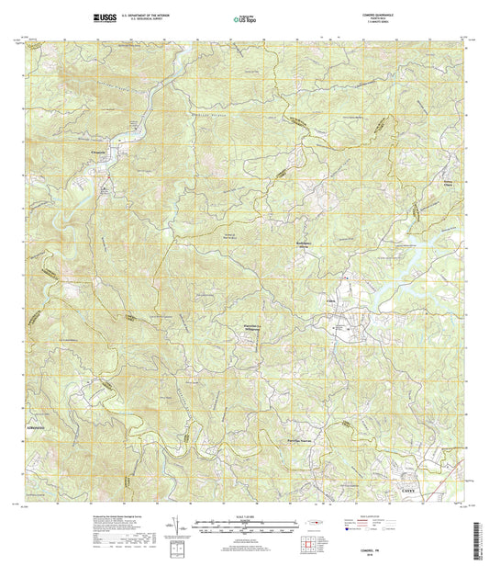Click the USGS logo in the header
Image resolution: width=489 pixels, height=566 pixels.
[x=103, y=17]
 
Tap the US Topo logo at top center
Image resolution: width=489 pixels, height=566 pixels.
[x=244, y=17]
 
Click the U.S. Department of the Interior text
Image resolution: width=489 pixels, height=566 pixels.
[x=143, y=15]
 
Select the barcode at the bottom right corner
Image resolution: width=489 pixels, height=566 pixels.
[x=479, y=537]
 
